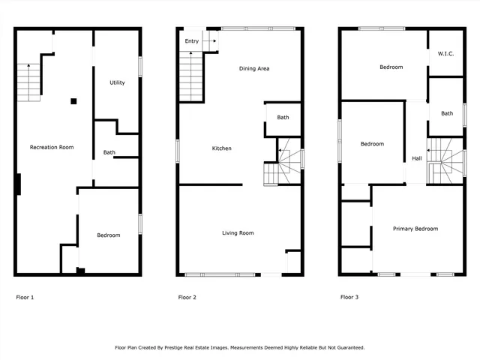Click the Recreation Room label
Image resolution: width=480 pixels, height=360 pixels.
tap(51, 147)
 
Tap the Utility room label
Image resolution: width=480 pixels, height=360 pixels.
tap(117, 82)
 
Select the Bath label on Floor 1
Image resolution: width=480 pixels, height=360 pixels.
tap(109, 153)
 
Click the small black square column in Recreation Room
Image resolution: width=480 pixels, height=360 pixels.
tap(73, 101)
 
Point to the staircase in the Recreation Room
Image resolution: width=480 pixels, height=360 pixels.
tap(28, 82)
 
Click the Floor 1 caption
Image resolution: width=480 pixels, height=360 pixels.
tap(25, 298)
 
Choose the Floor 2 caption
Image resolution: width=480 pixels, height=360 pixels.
tap(187, 298)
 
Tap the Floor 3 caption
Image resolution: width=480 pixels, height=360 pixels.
tap(349, 298)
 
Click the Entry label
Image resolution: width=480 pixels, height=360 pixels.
tap(191, 41)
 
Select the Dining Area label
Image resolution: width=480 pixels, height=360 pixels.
tap(254, 69)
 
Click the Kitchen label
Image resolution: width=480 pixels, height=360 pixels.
tap(221, 148)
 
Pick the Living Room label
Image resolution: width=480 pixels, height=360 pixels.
tap(238, 233)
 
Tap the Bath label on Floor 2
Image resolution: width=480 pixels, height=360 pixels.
tap(283, 117)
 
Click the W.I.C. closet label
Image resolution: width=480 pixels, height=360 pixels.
tap(445, 53)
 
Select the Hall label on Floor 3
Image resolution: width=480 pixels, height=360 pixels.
tap(416, 158)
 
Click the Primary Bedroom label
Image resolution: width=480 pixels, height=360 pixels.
tap(415, 229)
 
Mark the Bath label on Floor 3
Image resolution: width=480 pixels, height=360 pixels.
tap(447, 113)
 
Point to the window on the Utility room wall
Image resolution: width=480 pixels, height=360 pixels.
tap(140, 66)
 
